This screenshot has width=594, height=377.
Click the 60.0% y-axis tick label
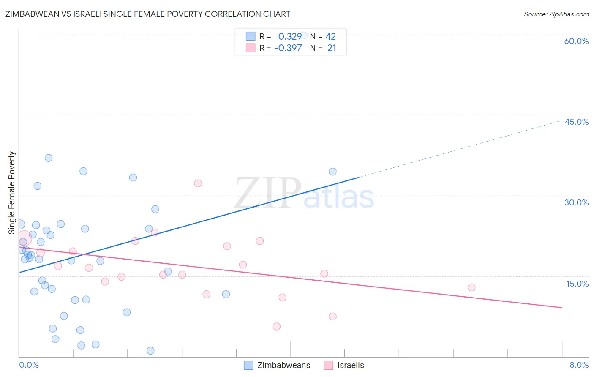point(576,41)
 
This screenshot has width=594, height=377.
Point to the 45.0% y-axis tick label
point(576,122)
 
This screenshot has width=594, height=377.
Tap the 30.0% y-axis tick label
point(576,202)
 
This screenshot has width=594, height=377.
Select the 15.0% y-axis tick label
point(577,284)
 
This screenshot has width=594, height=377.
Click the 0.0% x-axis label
point(29,365)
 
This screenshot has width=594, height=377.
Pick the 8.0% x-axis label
point(579,365)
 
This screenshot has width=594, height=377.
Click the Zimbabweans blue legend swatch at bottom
point(249,365)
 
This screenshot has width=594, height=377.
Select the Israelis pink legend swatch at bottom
point(328,365)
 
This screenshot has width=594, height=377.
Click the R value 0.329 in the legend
point(290,36)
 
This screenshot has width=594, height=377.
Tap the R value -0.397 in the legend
point(288,48)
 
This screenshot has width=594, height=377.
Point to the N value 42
point(330,36)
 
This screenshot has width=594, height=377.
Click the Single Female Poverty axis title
point(12,193)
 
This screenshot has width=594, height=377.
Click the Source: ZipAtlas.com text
point(556,14)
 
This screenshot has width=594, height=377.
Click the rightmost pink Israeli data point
point(471,287)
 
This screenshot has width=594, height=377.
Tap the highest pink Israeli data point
point(198,183)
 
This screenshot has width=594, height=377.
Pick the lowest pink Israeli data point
point(277,326)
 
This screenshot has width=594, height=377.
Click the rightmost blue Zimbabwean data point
point(332,172)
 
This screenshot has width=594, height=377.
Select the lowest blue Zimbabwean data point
point(150,351)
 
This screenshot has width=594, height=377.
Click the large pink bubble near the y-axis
point(24,238)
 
